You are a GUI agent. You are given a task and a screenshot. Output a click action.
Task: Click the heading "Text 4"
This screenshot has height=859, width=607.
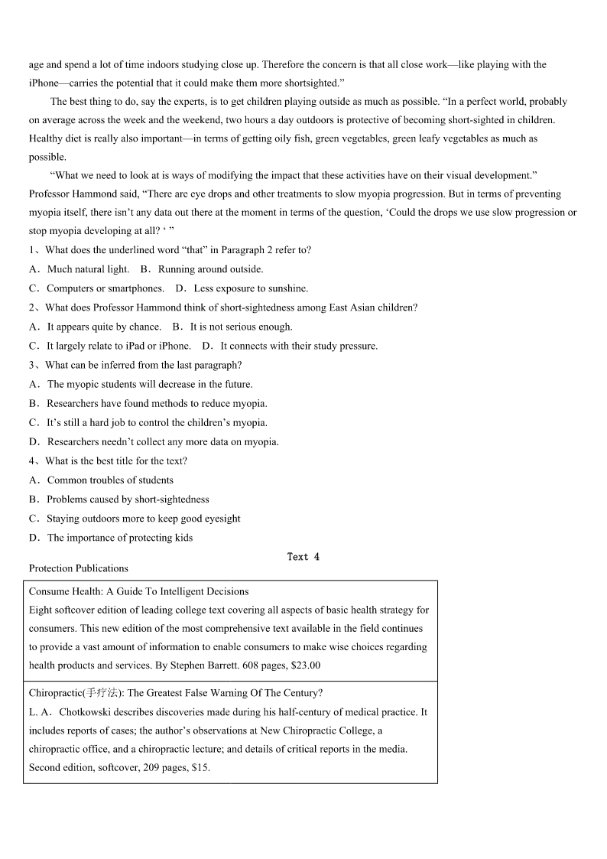[x=303, y=557]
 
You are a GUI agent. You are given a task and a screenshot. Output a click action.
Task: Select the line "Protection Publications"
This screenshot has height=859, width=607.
[x=79, y=568]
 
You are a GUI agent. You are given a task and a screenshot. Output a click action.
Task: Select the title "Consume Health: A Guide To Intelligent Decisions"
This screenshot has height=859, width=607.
[x=138, y=591]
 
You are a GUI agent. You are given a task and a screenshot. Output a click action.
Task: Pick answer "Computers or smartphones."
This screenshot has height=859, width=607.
[x=105, y=288]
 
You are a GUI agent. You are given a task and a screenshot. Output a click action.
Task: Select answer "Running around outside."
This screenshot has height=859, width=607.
[x=210, y=269]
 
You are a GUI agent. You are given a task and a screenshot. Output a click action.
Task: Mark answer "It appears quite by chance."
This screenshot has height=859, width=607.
[x=104, y=327]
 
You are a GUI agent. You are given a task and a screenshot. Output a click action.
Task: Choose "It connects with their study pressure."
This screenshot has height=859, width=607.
[x=299, y=346]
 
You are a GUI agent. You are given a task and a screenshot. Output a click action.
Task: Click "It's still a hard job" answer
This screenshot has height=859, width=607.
[x=157, y=422]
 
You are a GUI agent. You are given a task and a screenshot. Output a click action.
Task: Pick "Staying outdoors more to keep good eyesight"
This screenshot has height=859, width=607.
[x=144, y=519]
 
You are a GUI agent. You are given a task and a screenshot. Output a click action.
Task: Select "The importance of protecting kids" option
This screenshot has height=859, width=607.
[x=120, y=538]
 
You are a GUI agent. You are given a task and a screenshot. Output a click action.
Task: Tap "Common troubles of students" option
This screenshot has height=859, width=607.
[x=110, y=480]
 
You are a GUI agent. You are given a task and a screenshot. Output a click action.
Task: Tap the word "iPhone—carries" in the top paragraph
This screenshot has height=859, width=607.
[x=58, y=83]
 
